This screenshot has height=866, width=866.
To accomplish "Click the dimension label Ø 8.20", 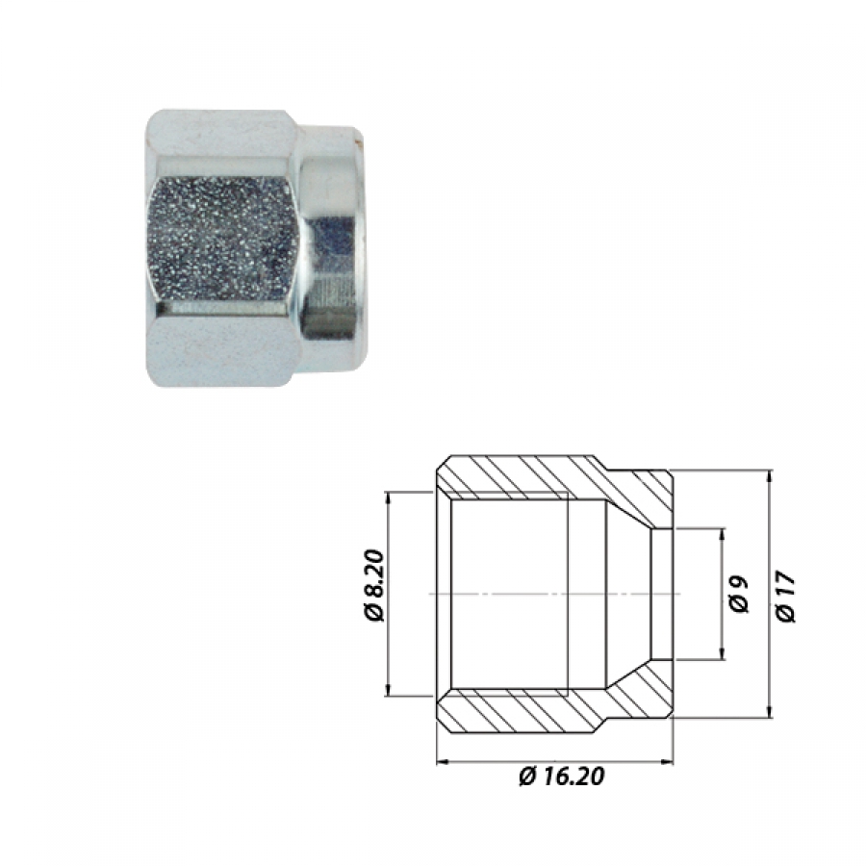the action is click(x=374, y=585).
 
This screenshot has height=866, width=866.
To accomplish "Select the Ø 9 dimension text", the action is click(x=739, y=594).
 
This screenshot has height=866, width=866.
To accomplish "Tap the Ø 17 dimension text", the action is click(x=786, y=597).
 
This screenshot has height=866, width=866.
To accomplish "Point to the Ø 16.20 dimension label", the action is click(x=561, y=776).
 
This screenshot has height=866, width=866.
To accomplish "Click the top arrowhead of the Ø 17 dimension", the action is click(x=768, y=476).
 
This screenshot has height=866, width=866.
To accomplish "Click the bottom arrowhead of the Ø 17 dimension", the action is click(x=768, y=712).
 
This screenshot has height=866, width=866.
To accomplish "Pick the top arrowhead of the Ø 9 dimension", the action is click(x=722, y=535).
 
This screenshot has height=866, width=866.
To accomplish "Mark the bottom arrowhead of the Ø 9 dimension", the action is click(x=722, y=653).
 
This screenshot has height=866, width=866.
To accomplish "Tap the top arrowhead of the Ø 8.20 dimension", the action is click(x=388, y=497).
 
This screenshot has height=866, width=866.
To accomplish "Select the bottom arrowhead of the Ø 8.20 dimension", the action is click(x=388, y=690).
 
